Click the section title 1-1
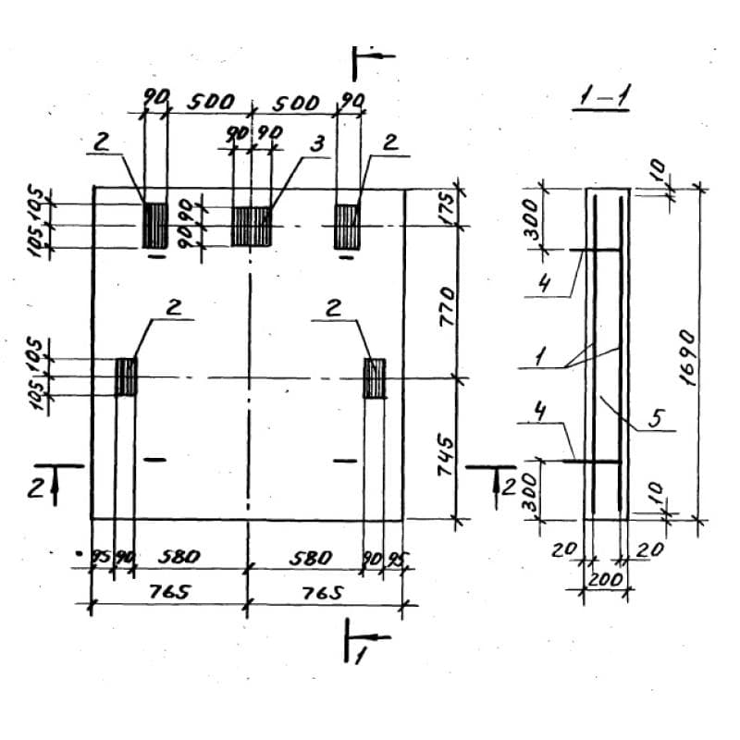point(600,97)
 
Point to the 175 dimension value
point(447,206)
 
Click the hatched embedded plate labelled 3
point(251,226)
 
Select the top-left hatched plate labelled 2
point(154,225)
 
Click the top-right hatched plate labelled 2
point(347,226)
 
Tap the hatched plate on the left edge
point(126,377)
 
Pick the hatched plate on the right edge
point(375,377)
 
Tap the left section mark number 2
point(35,487)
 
